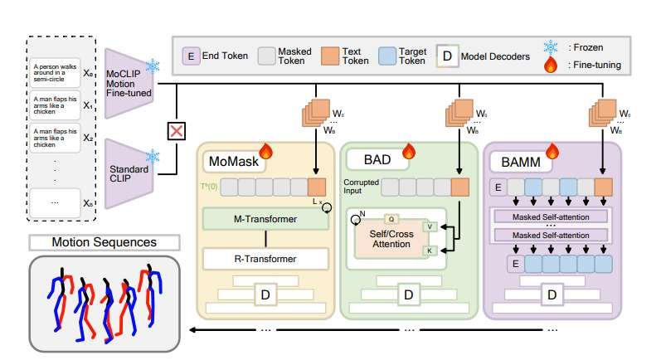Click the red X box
(176, 131)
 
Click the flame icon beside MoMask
(268, 150)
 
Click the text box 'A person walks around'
(54, 73)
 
